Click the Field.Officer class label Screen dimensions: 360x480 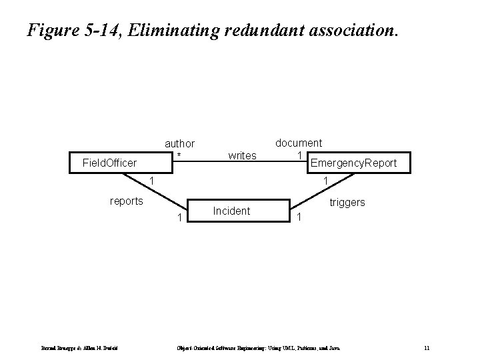click(109, 163)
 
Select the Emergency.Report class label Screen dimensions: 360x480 click(353, 163)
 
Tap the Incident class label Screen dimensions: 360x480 click(231, 211)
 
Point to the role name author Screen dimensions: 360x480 click(179, 143)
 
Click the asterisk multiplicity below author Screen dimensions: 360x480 click(179, 155)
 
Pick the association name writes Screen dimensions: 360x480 click(242, 156)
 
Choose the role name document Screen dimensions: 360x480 click(299, 143)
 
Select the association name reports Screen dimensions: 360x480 click(126, 201)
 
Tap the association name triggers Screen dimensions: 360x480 click(347, 202)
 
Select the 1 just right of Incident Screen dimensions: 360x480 click(300, 218)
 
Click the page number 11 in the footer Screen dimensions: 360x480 click(427, 349)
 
